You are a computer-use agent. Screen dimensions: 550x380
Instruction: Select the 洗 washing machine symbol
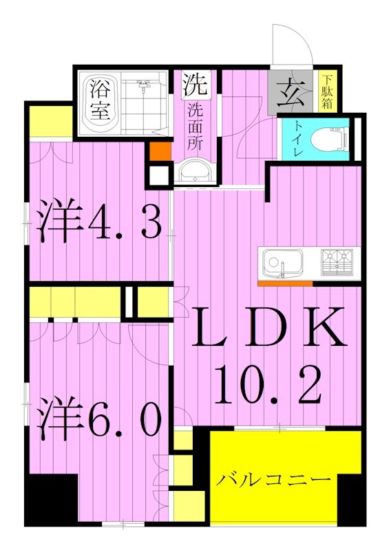[x=195, y=85]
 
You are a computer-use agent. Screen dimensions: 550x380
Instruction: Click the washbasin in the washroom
[x=194, y=172]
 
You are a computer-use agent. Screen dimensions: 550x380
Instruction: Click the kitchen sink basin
[x=282, y=262]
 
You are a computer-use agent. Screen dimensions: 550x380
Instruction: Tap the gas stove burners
[x=338, y=261]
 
